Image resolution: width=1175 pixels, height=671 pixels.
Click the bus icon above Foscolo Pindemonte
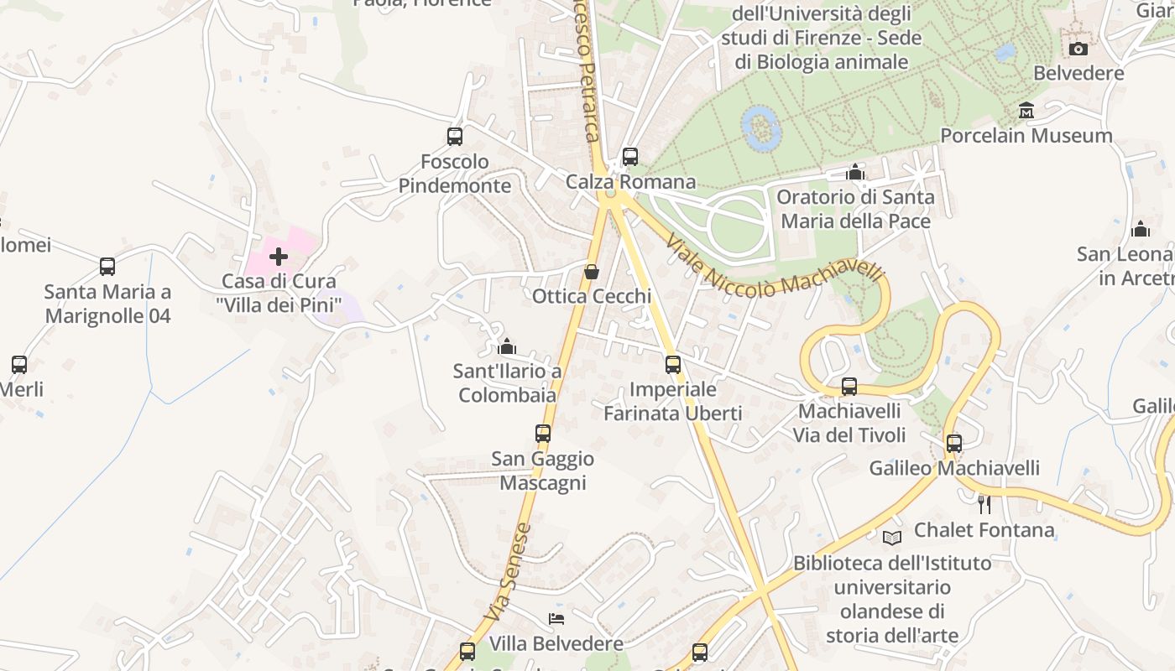point(454,136)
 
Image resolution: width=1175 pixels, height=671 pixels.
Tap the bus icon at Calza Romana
point(629,157)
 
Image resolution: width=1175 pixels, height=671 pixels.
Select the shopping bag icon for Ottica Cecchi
point(592,272)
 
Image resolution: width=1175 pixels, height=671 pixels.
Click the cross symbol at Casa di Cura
point(279,256)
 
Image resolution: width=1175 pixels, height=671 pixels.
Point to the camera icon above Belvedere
point(1078,49)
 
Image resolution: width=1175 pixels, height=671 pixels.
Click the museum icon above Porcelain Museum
point(1026,111)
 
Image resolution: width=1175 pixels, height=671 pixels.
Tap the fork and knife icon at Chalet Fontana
point(984,505)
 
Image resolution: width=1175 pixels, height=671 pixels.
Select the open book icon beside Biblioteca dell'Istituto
point(891,538)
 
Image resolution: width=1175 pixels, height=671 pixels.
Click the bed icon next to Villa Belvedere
point(556,619)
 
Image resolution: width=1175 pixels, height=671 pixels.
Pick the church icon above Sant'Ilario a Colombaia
point(507,346)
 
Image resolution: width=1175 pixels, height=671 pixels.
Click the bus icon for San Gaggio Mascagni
point(543,434)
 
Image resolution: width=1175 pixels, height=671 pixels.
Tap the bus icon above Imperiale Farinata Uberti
point(672,365)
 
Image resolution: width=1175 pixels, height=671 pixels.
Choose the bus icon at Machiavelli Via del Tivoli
point(849,387)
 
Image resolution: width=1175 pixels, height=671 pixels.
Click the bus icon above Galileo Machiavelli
point(953,443)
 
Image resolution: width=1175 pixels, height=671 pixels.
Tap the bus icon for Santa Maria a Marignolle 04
point(107,267)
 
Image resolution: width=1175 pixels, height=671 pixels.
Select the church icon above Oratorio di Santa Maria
point(855,173)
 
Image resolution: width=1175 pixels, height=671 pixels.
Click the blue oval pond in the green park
point(761,128)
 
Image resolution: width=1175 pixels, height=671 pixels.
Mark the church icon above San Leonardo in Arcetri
point(1140,229)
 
